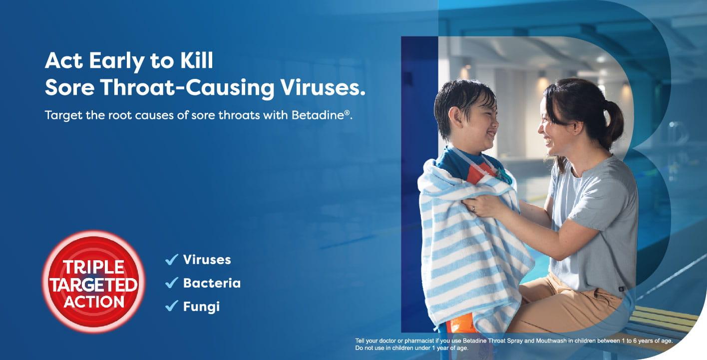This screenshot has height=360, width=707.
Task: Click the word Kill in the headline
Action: pos(196,61)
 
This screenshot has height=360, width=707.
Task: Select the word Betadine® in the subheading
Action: pos(324,115)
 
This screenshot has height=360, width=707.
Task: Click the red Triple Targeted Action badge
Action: pos(93,281)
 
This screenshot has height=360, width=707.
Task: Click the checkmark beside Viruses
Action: pos(172,260)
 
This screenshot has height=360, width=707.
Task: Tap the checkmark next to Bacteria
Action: pos(172,283)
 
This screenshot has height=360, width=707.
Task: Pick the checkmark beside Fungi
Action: pos(172,306)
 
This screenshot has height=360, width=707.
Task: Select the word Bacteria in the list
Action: pos(212,283)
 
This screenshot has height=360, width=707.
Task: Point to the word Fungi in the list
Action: pos(201,306)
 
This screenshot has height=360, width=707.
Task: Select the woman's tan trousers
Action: pos(564,305)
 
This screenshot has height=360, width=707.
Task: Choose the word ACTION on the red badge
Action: pos(94,301)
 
